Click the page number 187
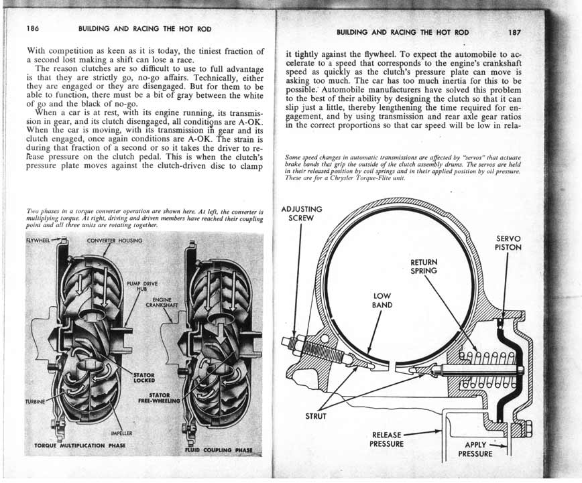[515, 32]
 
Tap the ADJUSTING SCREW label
[301, 213]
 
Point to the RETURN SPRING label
[424, 266]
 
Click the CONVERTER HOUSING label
[113, 240]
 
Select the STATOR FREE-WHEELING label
[158, 399]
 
